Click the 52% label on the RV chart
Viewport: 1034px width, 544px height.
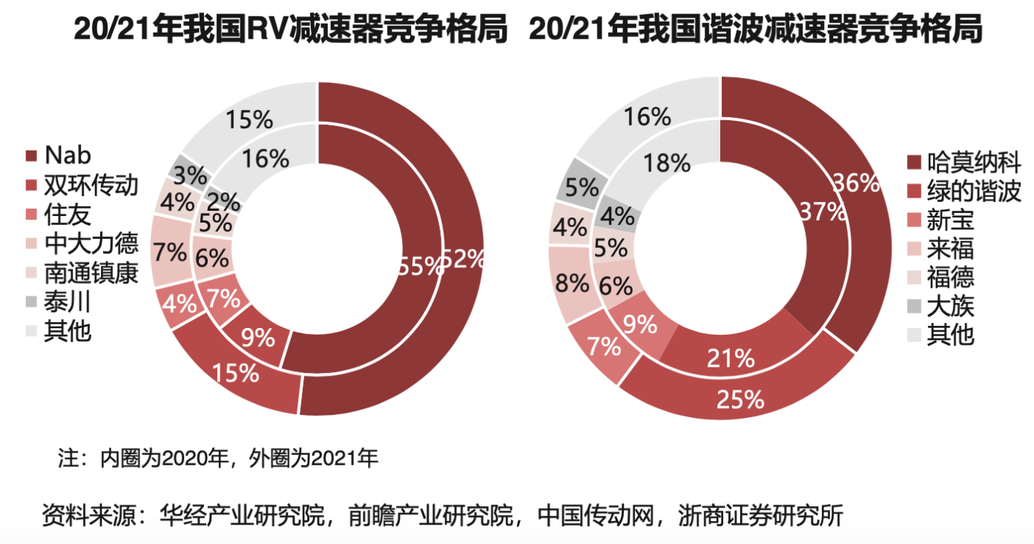(464, 259)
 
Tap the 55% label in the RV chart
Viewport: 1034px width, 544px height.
(421, 266)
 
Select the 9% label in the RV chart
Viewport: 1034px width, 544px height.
(257, 339)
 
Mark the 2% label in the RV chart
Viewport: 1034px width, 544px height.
(223, 201)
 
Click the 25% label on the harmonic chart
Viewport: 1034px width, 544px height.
(740, 399)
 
